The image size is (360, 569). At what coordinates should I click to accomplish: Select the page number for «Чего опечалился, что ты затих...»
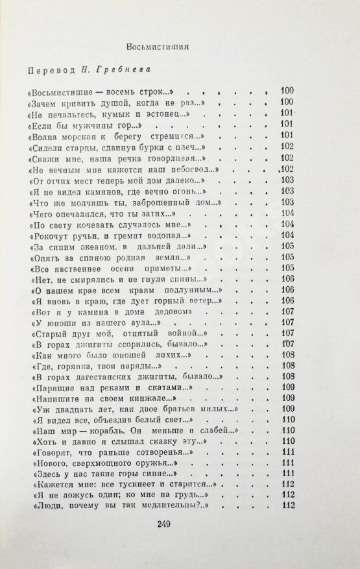(288, 213)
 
